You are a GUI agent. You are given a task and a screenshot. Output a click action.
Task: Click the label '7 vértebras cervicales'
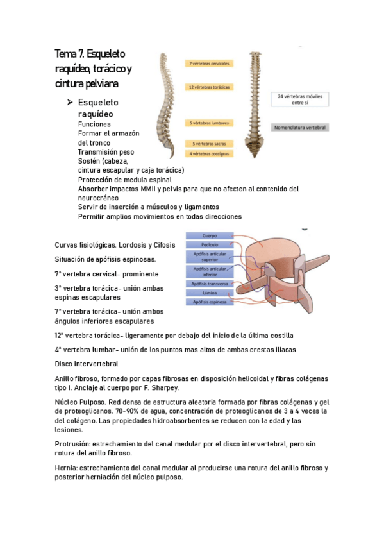tap(210, 64)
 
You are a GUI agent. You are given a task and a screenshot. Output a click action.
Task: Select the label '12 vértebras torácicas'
tap(210, 87)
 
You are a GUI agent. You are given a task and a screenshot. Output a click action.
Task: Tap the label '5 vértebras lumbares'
tap(210, 123)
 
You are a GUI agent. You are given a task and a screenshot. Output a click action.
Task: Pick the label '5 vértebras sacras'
tap(210, 144)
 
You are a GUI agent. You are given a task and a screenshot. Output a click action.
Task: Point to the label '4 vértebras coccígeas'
tap(210, 153)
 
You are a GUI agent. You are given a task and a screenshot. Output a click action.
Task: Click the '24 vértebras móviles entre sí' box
tap(300, 99)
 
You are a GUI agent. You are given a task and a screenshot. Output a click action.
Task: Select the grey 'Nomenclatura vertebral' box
tap(300, 128)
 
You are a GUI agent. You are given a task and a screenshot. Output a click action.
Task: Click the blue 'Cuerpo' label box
tap(210, 235)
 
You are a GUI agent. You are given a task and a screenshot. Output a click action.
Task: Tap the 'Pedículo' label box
tap(210, 244)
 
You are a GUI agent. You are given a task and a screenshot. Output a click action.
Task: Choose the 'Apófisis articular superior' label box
tap(210, 257)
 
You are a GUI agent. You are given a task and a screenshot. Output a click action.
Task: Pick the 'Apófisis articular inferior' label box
tap(210, 271)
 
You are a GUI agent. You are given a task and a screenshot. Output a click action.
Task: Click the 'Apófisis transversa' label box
tap(210, 284)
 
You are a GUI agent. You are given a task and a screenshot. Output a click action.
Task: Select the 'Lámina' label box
tap(210, 293)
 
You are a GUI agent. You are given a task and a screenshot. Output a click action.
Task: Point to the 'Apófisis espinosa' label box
tap(210, 302)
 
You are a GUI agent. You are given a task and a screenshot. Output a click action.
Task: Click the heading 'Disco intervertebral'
tap(87, 364)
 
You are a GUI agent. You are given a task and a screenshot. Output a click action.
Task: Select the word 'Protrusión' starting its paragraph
tap(73, 444)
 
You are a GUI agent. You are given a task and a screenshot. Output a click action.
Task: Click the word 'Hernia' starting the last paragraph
tap(67, 468)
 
